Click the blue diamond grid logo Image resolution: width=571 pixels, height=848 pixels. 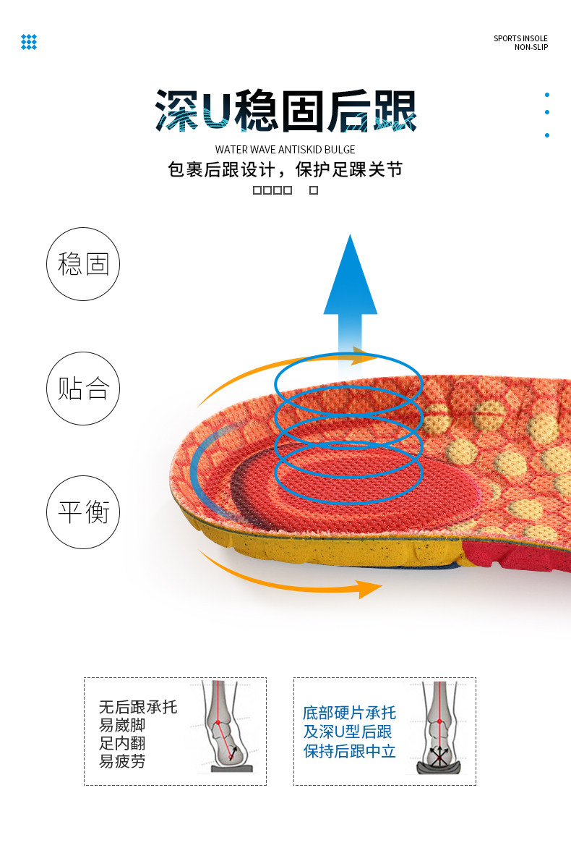[x=29, y=42]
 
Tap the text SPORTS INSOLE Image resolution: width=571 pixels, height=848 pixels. [x=520, y=38]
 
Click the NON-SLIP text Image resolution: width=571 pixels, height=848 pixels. [x=531, y=48]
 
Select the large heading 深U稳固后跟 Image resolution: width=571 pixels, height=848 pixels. [x=285, y=112]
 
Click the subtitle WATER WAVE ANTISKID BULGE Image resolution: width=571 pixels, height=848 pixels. [x=285, y=150]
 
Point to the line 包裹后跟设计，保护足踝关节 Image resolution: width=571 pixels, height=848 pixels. [x=285, y=170]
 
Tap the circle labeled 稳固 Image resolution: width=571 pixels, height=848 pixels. [x=83, y=264]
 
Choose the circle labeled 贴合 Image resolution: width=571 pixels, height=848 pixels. [x=83, y=389]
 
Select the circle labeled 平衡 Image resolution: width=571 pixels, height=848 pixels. [x=83, y=512]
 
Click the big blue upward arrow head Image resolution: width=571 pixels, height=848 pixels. [x=351, y=279]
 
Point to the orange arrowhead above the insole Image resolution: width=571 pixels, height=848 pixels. [x=366, y=355]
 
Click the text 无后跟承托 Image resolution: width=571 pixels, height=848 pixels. [x=138, y=707]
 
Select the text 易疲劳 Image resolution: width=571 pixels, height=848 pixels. [x=122, y=761]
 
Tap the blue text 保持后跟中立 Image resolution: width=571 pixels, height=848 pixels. [x=350, y=751]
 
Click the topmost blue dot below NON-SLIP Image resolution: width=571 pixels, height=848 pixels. [x=547, y=95]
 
